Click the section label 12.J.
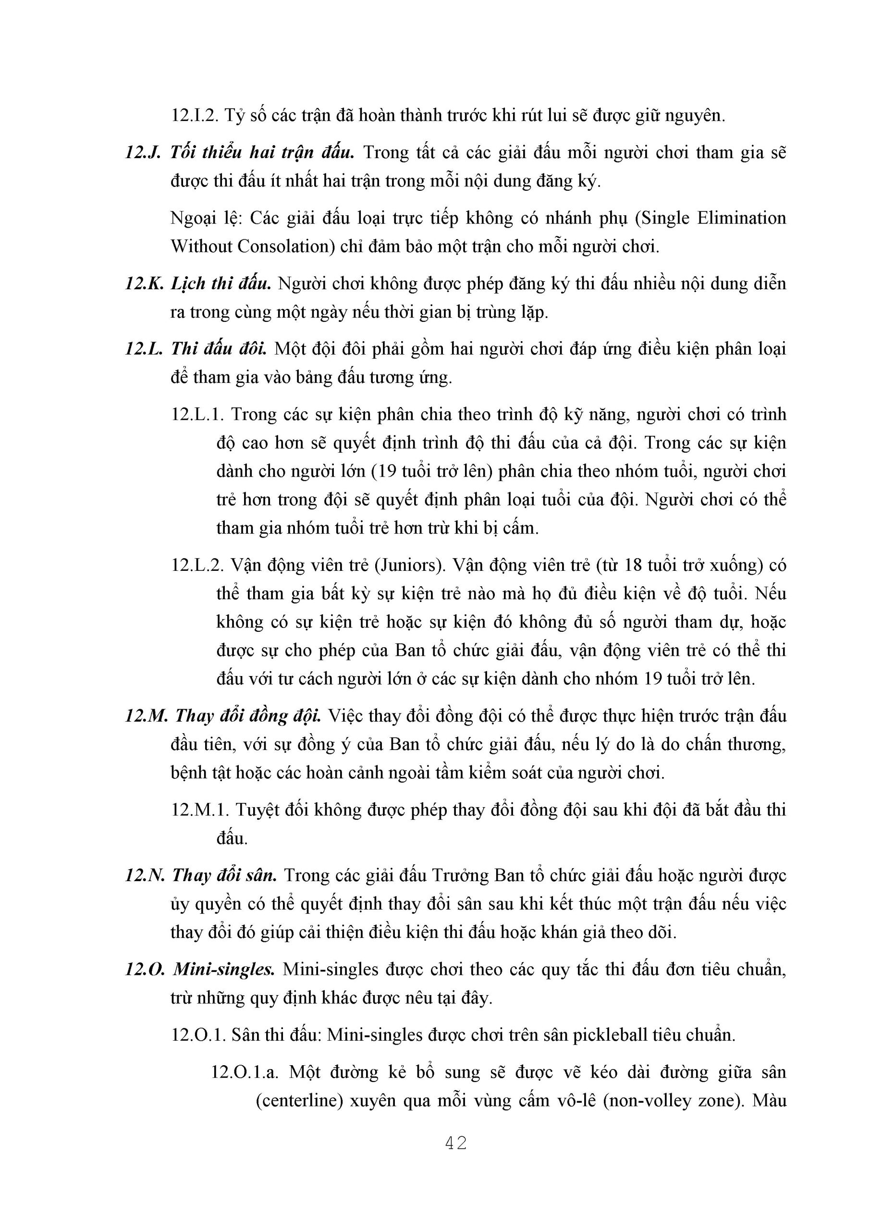[143, 153]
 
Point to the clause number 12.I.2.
[194, 115]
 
